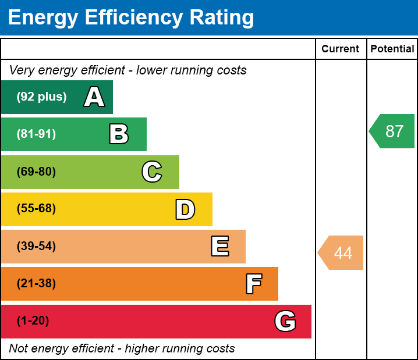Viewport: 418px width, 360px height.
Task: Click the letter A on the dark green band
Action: [x=94, y=97]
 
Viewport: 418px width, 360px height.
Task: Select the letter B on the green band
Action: [x=119, y=134]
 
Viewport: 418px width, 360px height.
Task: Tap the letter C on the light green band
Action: [x=152, y=172]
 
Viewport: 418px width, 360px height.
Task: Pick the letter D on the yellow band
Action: [x=185, y=209]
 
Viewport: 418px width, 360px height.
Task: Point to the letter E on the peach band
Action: [x=219, y=247]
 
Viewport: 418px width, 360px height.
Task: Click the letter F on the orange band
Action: [x=253, y=284]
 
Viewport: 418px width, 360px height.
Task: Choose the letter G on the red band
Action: [x=285, y=321]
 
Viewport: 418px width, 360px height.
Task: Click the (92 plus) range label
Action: [x=41, y=97]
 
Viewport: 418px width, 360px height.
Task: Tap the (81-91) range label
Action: [x=36, y=134]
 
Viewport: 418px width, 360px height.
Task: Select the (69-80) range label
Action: [x=36, y=172]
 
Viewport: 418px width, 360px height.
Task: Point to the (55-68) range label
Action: [x=36, y=209]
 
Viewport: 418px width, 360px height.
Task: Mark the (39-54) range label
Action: [x=36, y=247]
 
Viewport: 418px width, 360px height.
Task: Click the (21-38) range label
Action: [x=36, y=284]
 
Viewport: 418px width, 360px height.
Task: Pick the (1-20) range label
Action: [x=33, y=321]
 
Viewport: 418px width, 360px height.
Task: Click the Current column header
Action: [x=341, y=49]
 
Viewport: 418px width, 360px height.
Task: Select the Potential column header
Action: [x=392, y=49]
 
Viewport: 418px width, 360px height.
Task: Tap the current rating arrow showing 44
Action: [x=342, y=253]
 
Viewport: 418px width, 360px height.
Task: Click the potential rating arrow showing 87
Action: [x=393, y=131]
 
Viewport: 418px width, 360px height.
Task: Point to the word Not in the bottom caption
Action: [x=19, y=349]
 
